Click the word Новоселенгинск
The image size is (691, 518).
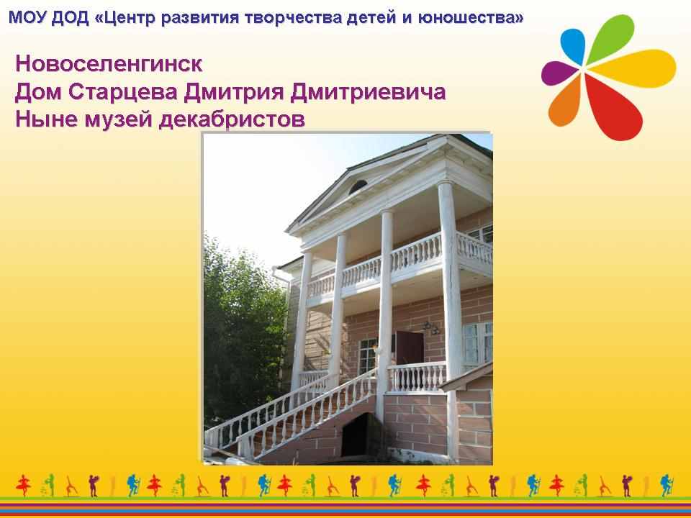[109, 64]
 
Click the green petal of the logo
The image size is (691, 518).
[612, 37]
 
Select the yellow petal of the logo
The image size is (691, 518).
[633, 68]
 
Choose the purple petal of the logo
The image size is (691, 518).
[559, 73]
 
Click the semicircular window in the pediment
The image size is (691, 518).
[358, 187]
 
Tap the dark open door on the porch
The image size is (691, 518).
[410, 348]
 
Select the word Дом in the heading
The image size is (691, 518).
[39, 93]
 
